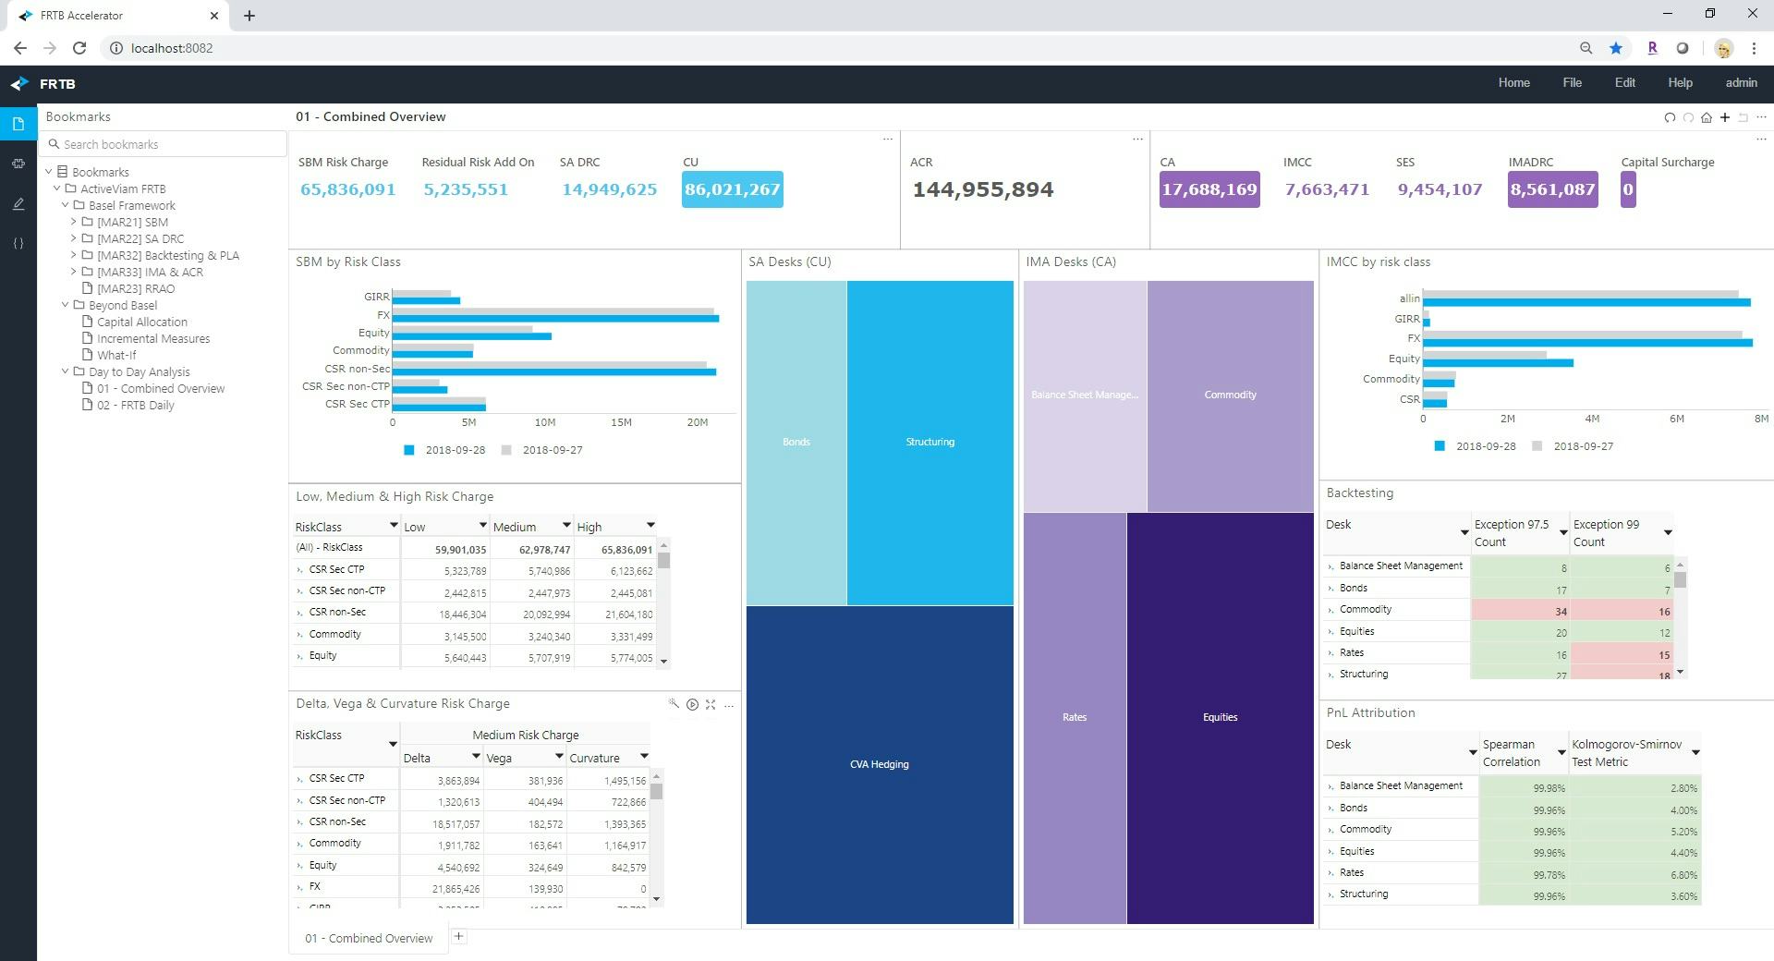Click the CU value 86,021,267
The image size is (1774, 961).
732,189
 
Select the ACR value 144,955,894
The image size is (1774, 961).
982,190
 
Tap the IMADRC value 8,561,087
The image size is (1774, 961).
1552,189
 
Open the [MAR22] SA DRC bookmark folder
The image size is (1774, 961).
140,238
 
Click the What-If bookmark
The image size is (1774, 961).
116,355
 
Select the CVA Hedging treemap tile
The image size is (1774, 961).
879,764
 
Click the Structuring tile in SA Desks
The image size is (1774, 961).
930,442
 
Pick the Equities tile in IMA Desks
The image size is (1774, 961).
1220,717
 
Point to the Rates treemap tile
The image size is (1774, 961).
1074,717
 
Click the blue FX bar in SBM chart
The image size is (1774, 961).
554,319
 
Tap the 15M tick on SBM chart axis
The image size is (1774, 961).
621,422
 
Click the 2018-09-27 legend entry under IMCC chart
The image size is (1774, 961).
1582,446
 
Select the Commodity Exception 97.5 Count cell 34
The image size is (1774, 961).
1520,611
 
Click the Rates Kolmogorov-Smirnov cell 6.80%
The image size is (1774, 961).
1634,874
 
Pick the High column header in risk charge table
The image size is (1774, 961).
589,527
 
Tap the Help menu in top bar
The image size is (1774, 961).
1679,83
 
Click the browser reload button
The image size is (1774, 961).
79,48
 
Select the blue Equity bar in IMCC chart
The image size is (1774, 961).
1497,363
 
